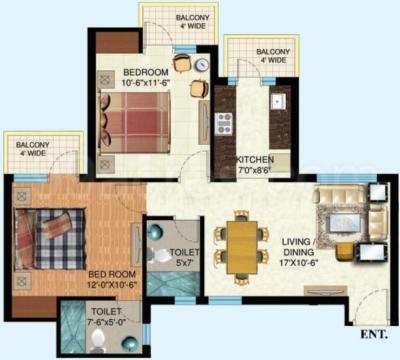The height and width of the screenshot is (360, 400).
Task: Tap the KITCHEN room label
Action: pyautogui.click(x=257, y=160)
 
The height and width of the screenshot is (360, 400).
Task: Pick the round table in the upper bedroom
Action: pyautogui.click(x=200, y=65)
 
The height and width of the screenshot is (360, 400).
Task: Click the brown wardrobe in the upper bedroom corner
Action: pyautogui.click(x=105, y=43)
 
